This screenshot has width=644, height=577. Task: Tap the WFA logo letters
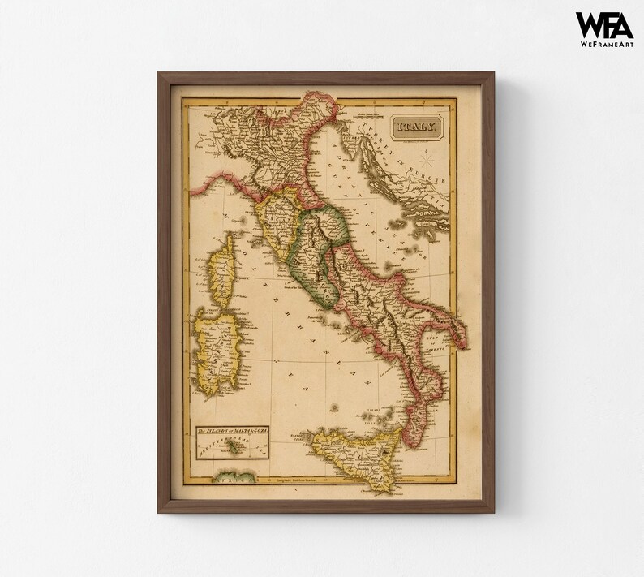point(604,24)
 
